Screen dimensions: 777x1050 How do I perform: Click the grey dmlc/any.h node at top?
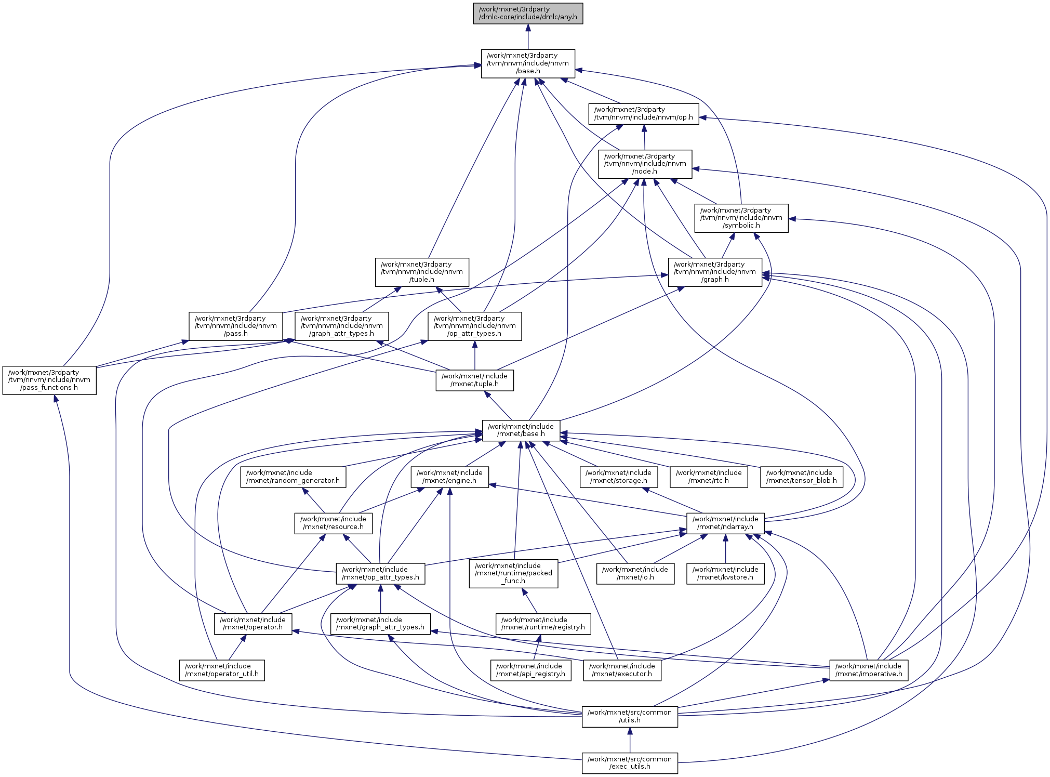(528, 13)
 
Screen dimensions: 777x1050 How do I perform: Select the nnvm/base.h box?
(528, 63)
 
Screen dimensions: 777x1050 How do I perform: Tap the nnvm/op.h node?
(643, 113)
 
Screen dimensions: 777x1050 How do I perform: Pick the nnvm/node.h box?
(645, 164)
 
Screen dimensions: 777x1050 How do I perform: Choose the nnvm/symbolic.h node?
(741, 218)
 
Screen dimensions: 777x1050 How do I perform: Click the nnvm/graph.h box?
(715, 272)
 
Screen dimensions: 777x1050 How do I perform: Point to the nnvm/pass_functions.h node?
(49, 380)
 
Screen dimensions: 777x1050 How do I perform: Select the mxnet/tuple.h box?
(474, 380)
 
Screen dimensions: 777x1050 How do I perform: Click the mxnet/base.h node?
(521, 430)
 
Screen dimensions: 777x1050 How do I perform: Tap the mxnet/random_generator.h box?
(293, 477)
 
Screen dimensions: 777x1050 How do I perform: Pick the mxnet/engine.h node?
(449, 477)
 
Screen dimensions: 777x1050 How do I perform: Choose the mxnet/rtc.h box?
(709, 477)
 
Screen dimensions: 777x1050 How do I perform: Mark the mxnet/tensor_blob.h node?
(801, 477)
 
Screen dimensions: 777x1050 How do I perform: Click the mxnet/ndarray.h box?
(725, 523)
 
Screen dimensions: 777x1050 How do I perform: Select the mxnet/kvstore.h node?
(725, 573)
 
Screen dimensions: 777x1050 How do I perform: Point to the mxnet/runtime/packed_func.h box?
(513, 573)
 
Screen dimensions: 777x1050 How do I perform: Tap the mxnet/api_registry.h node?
(530, 670)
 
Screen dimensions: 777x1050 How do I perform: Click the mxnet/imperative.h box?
(869, 670)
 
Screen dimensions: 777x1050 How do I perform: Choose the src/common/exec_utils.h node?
(630, 763)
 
